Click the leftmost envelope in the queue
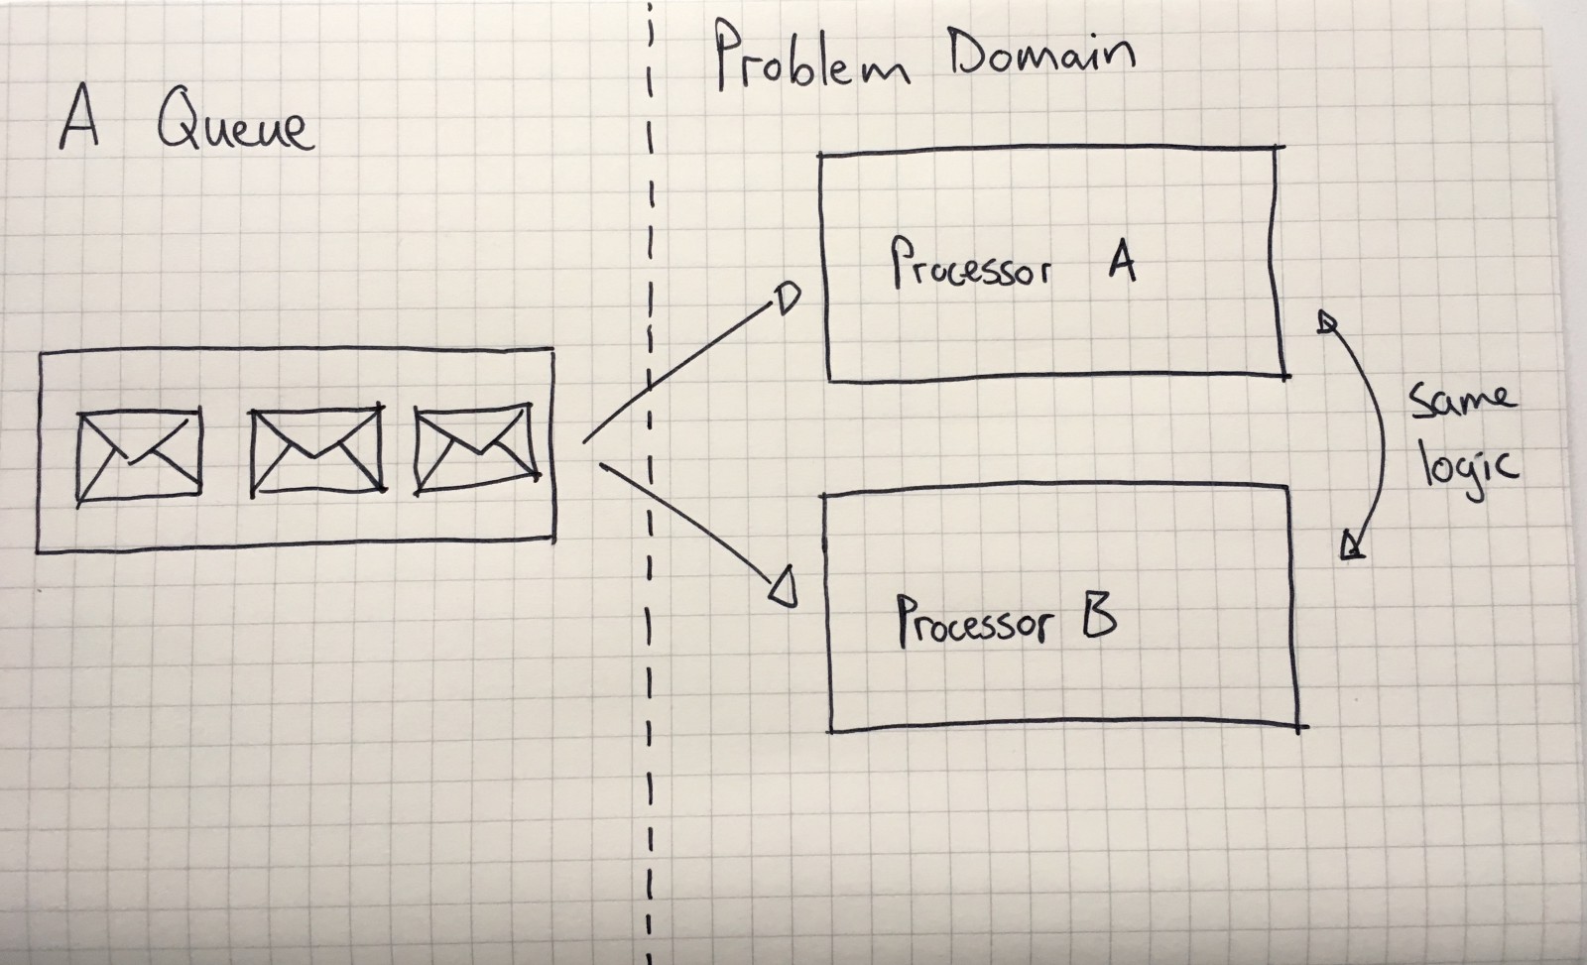tap(139, 453)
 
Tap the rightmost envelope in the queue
tap(477, 447)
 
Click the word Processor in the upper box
tap(969, 265)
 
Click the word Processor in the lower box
tap(972, 622)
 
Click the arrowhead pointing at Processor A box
tap(787, 300)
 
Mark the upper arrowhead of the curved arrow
tap(1327, 321)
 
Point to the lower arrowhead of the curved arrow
tap(1352, 545)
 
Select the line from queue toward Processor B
tap(684, 521)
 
